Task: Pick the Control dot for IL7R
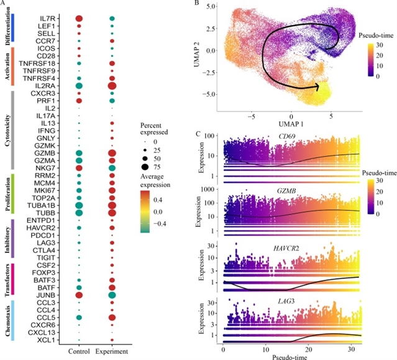point(79,18)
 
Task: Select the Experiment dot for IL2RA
point(112,85)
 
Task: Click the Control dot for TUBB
point(79,213)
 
